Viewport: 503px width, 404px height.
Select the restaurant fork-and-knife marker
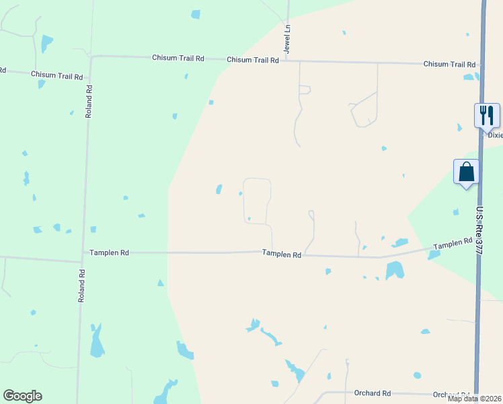[487, 115]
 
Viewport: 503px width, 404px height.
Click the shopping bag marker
[467, 172]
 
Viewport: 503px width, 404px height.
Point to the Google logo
[22, 396]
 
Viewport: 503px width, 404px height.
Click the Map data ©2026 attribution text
[475, 399]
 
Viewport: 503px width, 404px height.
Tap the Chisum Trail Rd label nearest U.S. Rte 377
[449, 65]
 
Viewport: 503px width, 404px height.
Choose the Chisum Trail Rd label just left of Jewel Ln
[253, 60]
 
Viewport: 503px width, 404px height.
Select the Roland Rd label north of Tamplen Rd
[88, 101]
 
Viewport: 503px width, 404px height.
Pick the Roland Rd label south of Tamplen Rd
[81, 285]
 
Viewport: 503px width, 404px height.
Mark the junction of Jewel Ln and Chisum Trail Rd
[288, 61]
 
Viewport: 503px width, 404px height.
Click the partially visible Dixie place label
[495, 135]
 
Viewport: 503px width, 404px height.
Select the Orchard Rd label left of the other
[372, 393]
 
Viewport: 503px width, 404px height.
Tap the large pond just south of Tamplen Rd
[395, 270]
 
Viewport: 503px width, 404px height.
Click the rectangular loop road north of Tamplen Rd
[257, 201]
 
